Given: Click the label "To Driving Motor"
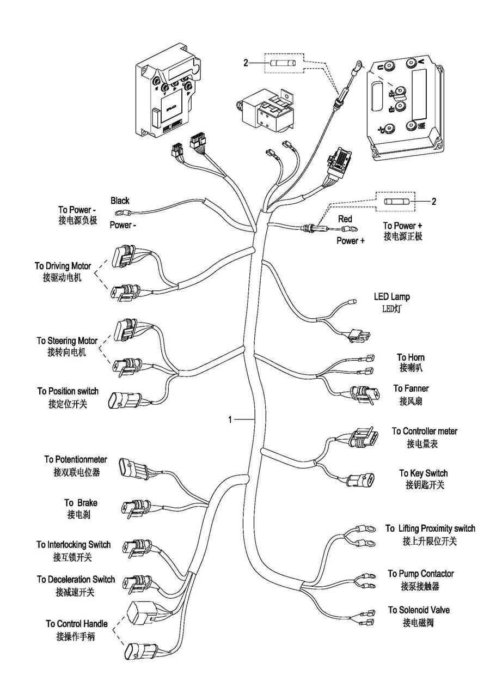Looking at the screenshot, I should [63, 266].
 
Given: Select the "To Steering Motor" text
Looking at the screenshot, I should [67, 341].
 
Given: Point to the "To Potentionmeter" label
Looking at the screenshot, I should [76, 460].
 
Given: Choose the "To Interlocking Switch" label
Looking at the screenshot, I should [73, 545].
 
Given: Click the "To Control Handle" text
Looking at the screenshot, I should [76, 624].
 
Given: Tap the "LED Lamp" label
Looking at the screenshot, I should [391, 297].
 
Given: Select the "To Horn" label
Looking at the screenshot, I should [411, 357].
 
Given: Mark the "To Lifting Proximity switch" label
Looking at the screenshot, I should [430, 528].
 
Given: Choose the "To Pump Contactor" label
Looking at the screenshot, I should [420, 574].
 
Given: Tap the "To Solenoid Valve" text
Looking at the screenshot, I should [419, 610].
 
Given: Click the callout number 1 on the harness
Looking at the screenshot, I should [230, 420].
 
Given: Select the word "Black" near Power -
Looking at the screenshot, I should [120, 201].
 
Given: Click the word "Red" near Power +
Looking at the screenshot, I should [345, 219].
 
